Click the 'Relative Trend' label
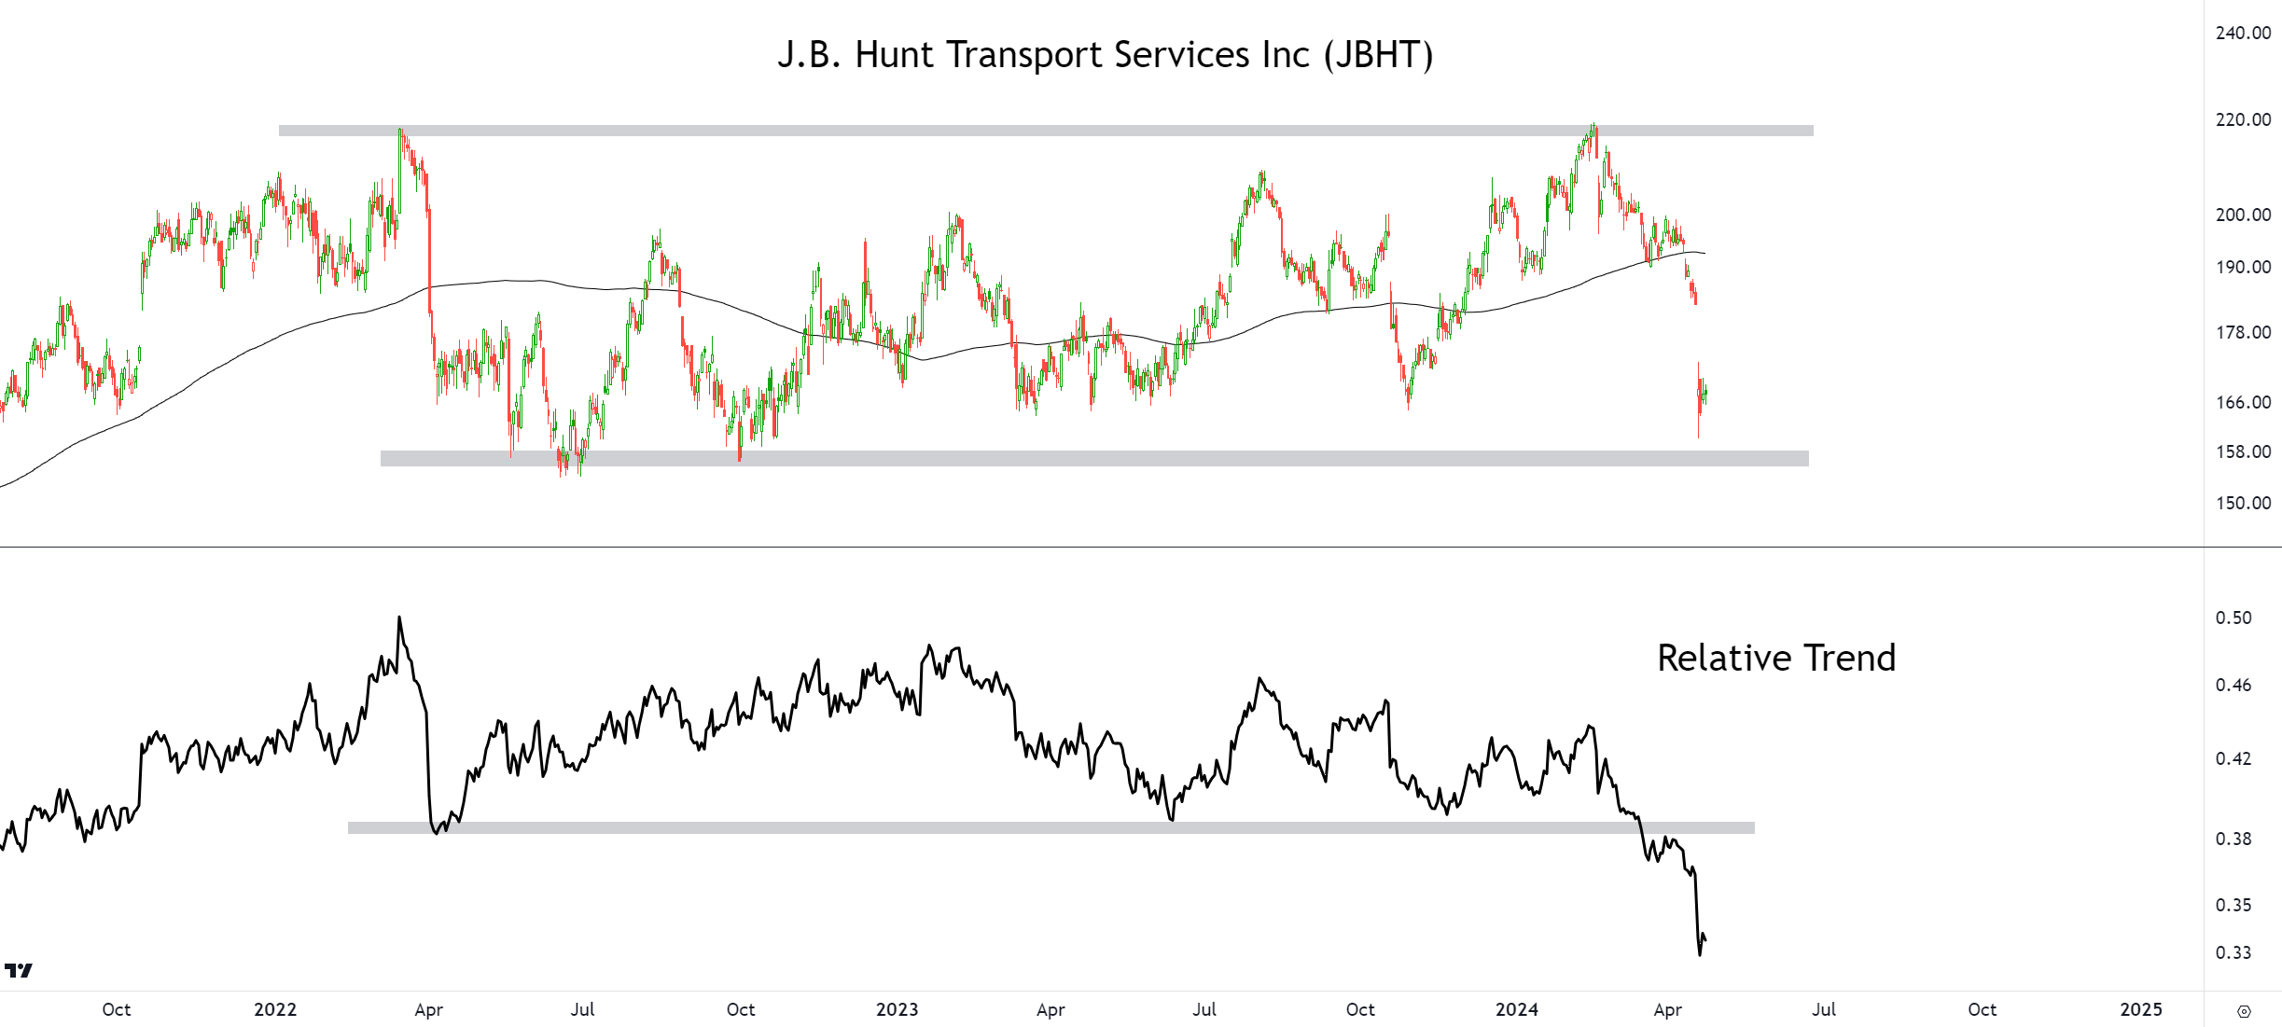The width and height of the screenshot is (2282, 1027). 1775,658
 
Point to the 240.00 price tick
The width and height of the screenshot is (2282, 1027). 2243,33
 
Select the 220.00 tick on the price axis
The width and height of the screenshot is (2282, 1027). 2243,119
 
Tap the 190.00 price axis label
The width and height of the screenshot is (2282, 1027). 2243,267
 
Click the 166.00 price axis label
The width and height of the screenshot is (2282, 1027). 2243,402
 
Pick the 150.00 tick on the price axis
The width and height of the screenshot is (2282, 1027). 2243,503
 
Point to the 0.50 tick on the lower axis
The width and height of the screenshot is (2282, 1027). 2233,618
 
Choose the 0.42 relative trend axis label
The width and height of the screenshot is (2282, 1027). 2233,758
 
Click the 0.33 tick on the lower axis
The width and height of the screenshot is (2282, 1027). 2233,952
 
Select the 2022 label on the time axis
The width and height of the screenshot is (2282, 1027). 275,1009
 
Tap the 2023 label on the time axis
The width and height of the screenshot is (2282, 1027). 897,1009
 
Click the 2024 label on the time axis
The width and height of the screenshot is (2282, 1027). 1516,1009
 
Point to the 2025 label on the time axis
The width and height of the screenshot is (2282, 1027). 2140,1009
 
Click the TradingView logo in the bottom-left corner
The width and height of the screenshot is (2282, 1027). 19,971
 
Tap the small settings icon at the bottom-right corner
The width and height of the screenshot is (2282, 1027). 2244,1011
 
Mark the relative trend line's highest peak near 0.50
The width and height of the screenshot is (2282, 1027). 399,618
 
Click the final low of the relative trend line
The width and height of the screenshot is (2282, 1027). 1699,954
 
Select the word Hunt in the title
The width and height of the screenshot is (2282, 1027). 894,55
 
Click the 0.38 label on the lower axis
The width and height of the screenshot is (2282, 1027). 2233,839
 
